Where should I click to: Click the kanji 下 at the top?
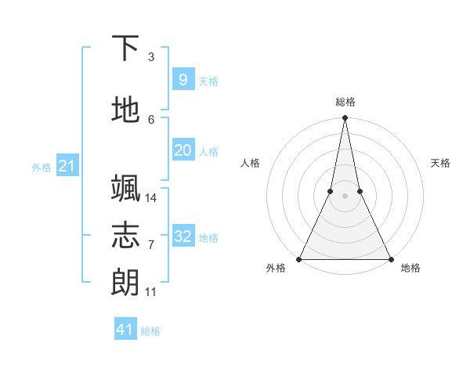(x=125, y=49)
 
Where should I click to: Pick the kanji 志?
(x=125, y=235)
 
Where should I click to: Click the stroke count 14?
(x=151, y=197)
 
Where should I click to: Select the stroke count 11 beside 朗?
(x=151, y=292)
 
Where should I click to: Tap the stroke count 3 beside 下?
(x=151, y=57)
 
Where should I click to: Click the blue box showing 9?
(x=183, y=79)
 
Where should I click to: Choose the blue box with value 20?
(x=183, y=150)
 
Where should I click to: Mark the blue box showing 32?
(x=183, y=236)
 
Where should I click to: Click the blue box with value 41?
(x=125, y=330)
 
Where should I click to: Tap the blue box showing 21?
(x=67, y=165)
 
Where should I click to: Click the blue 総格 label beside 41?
(x=150, y=331)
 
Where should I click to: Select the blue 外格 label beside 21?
(x=42, y=167)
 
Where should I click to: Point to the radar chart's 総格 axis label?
(x=345, y=102)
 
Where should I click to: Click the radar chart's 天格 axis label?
(x=440, y=163)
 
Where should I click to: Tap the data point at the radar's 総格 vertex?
(x=345, y=118)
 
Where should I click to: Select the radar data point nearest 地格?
(x=389, y=258)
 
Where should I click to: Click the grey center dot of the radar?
(x=345, y=196)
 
